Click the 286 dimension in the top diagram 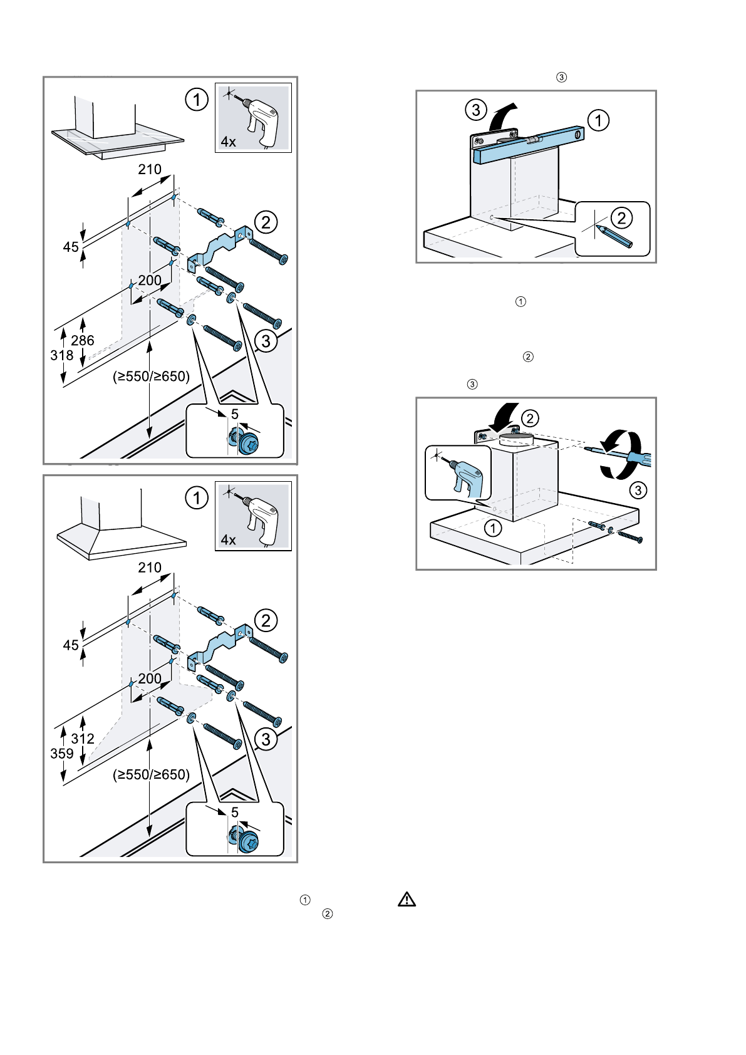[83, 340]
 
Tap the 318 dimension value [62, 355]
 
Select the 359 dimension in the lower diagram [62, 754]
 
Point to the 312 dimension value [83, 739]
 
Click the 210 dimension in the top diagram [150, 169]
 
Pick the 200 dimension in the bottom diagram [150, 678]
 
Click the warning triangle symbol [407, 900]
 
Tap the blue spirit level [530, 145]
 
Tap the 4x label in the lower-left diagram [229, 540]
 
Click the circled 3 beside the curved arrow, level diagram [476, 110]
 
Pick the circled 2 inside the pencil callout [621, 218]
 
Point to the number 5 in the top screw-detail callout [235, 414]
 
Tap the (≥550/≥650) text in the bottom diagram [151, 774]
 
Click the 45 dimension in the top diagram [71, 247]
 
